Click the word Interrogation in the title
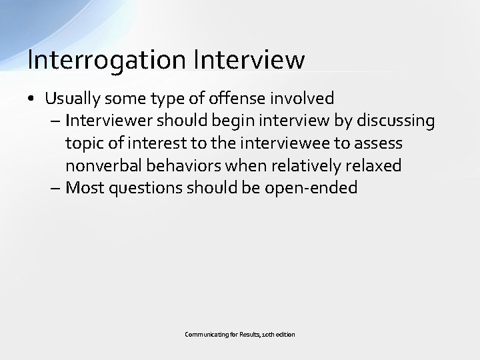(x=107, y=59)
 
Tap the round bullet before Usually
(x=32, y=99)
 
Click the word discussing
(x=397, y=121)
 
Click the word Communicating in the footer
(x=203, y=333)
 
